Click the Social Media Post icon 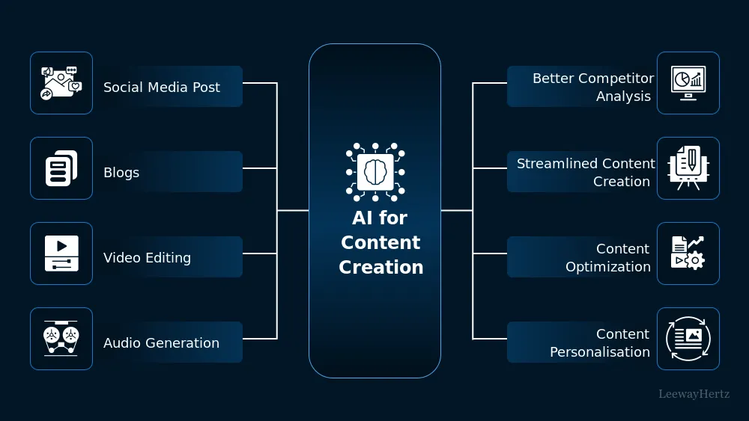coord(61,83)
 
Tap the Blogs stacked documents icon coord(61,168)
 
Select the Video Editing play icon coord(61,253)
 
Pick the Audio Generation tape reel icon coord(61,339)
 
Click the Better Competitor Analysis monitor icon coord(688,83)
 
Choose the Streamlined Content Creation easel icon coord(688,168)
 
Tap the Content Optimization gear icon coord(688,253)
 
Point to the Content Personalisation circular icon coord(688,339)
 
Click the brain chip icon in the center coord(374,172)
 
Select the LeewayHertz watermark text coord(694,393)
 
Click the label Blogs coord(121,173)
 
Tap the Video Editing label coord(147,258)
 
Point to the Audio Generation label coord(161,343)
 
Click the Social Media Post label coord(162,87)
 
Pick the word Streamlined coord(551,164)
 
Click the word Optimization coord(608,267)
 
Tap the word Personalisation coord(600,352)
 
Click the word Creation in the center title coord(380,268)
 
